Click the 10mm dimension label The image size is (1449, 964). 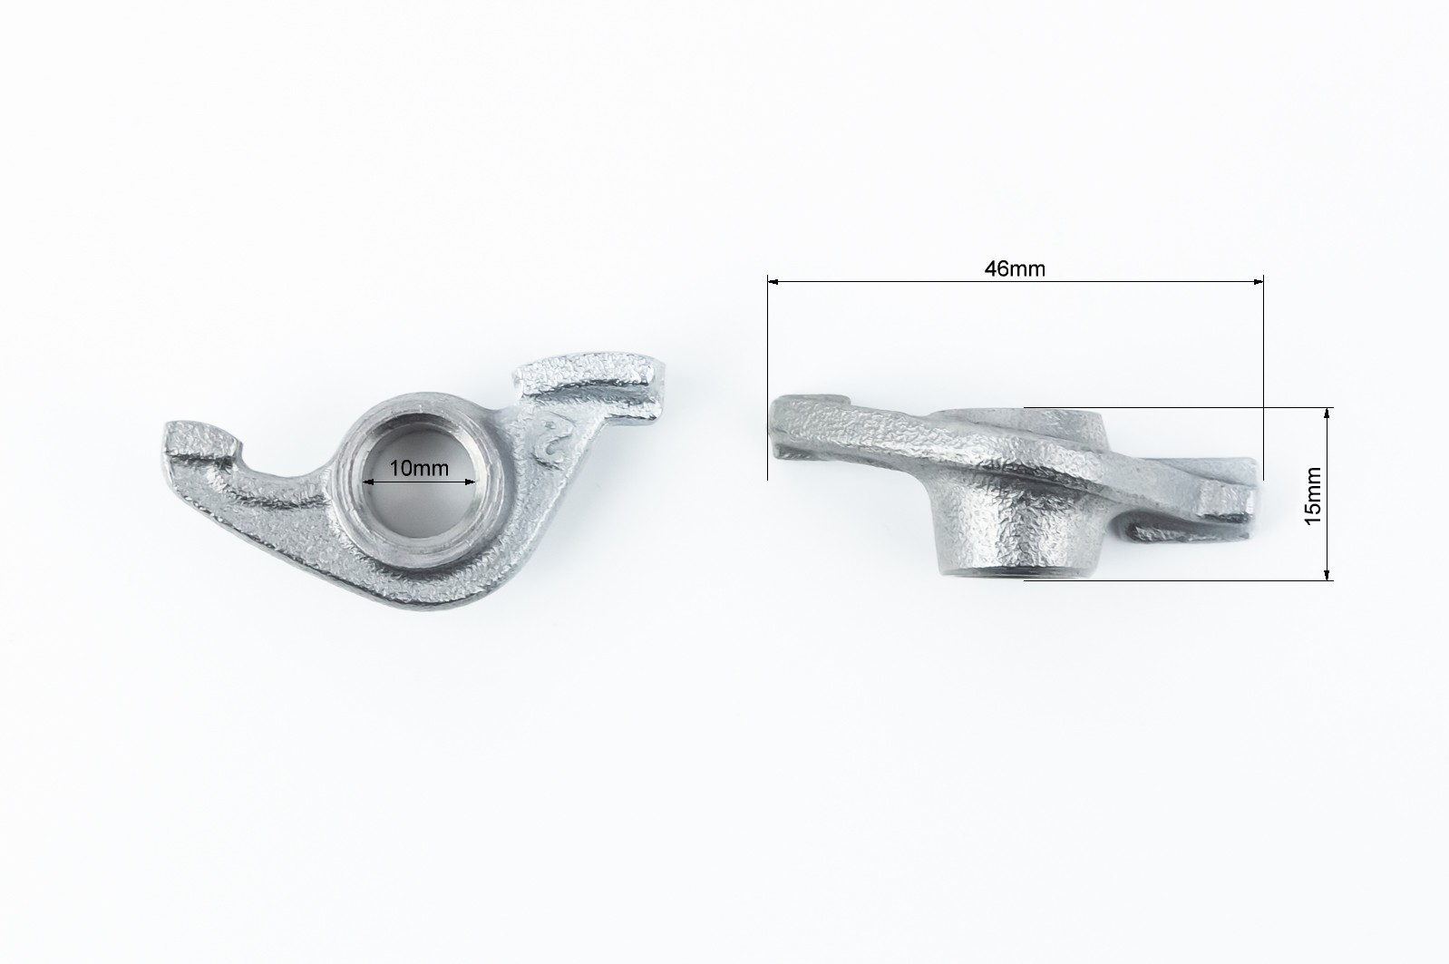click(x=419, y=468)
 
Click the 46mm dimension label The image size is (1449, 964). click(x=1015, y=268)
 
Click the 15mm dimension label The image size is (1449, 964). click(x=1312, y=495)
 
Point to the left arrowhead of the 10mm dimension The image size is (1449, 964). click(x=368, y=482)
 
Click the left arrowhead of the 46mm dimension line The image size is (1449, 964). click(x=773, y=281)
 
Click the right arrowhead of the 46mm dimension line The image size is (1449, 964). click(x=1258, y=281)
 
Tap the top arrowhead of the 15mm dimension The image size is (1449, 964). click(x=1327, y=414)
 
